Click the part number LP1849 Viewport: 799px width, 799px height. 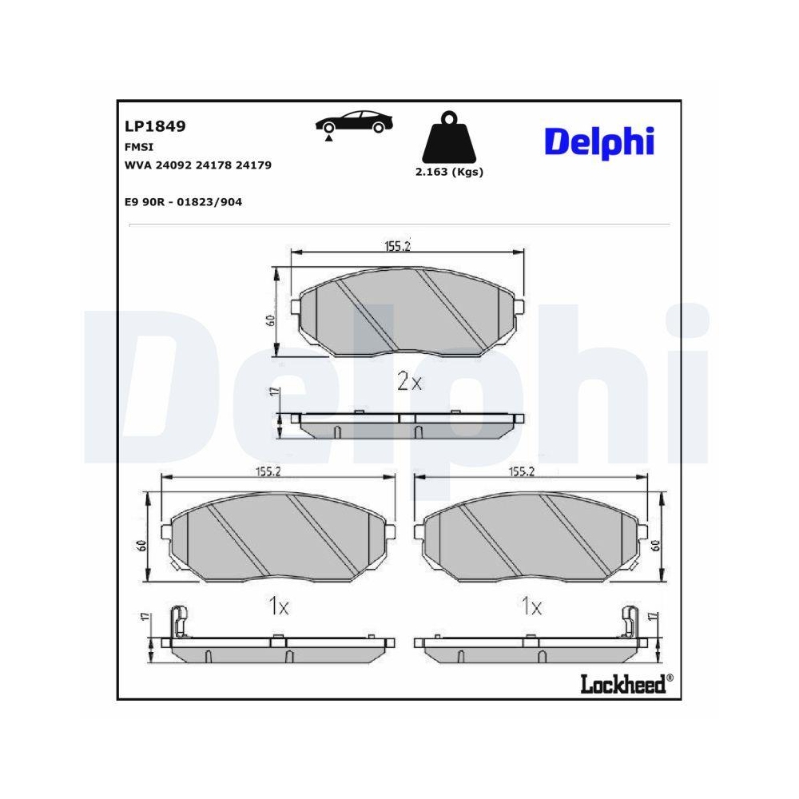[155, 126]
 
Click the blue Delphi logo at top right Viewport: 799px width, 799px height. [599, 141]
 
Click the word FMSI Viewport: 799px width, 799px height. [139, 147]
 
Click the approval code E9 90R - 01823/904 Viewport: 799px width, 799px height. [183, 202]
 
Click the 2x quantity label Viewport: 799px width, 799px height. [409, 382]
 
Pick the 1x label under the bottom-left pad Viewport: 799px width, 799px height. [277, 607]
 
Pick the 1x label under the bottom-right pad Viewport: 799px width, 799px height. [531, 607]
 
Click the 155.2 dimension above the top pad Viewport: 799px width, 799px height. [396, 246]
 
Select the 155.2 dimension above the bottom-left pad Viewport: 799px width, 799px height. [268, 471]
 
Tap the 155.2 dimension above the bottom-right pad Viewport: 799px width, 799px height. [521, 471]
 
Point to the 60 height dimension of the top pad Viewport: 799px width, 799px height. [272, 320]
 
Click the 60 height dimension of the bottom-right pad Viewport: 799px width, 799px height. [654, 545]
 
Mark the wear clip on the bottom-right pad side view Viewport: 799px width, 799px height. [630, 621]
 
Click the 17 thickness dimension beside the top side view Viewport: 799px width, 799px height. [273, 392]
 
